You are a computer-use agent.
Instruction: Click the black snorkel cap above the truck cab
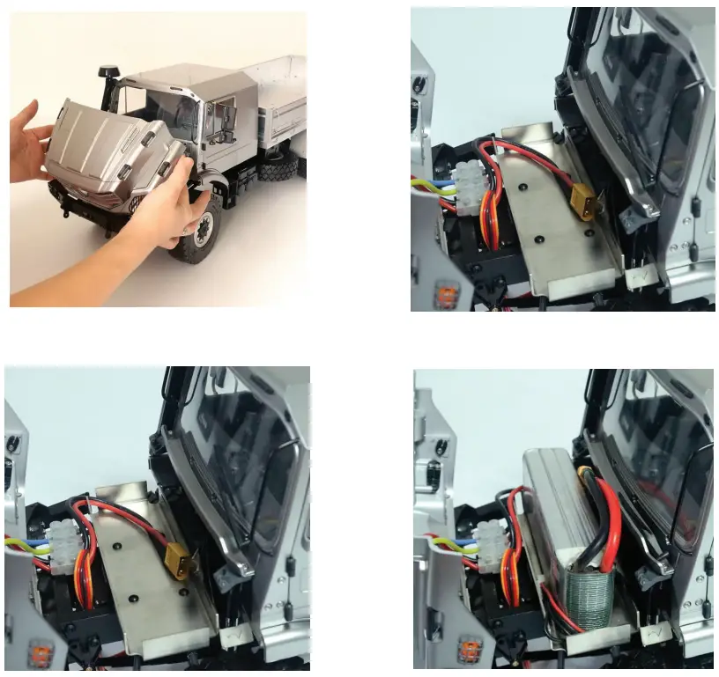pyautogui.click(x=110, y=70)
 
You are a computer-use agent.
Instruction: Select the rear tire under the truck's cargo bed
pyautogui.click(x=275, y=166)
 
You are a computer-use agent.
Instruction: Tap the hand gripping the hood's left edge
pyautogui.click(x=31, y=141)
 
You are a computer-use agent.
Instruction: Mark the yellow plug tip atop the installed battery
pyautogui.click(x=584, y=474)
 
